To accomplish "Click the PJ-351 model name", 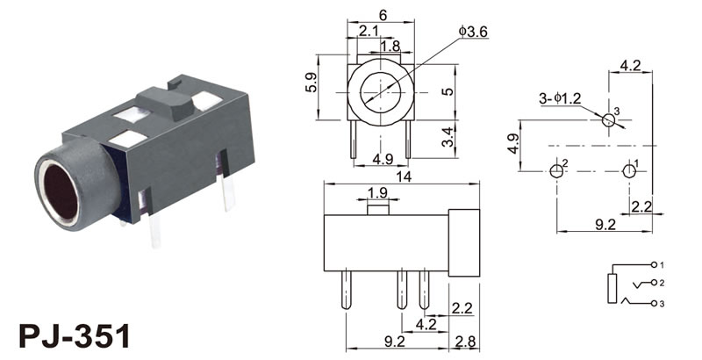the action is tap(75, 335).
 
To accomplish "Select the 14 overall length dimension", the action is tap(404, 176).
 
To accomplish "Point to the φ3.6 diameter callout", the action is tap(473, 31).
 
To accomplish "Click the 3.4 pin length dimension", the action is tap(448, 137).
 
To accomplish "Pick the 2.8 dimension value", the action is tap(465, 342).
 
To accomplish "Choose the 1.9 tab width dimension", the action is tap(377, 192).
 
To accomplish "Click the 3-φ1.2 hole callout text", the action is tap(560, 98).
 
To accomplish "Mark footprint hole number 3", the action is tap(608, 120).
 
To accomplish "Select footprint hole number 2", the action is tap(556, 171).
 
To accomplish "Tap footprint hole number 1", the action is tap(629, 171).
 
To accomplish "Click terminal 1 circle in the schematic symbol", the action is tap(654, 264).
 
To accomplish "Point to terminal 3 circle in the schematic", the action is tap(654, 304).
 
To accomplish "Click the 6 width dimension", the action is tap(383, 15).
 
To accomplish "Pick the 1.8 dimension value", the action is tap(390, 46).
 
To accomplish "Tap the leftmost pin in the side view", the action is tap(346, 290).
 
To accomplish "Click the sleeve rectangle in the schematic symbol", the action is tap(612, 288).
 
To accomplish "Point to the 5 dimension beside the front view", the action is tap(448, 91).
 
